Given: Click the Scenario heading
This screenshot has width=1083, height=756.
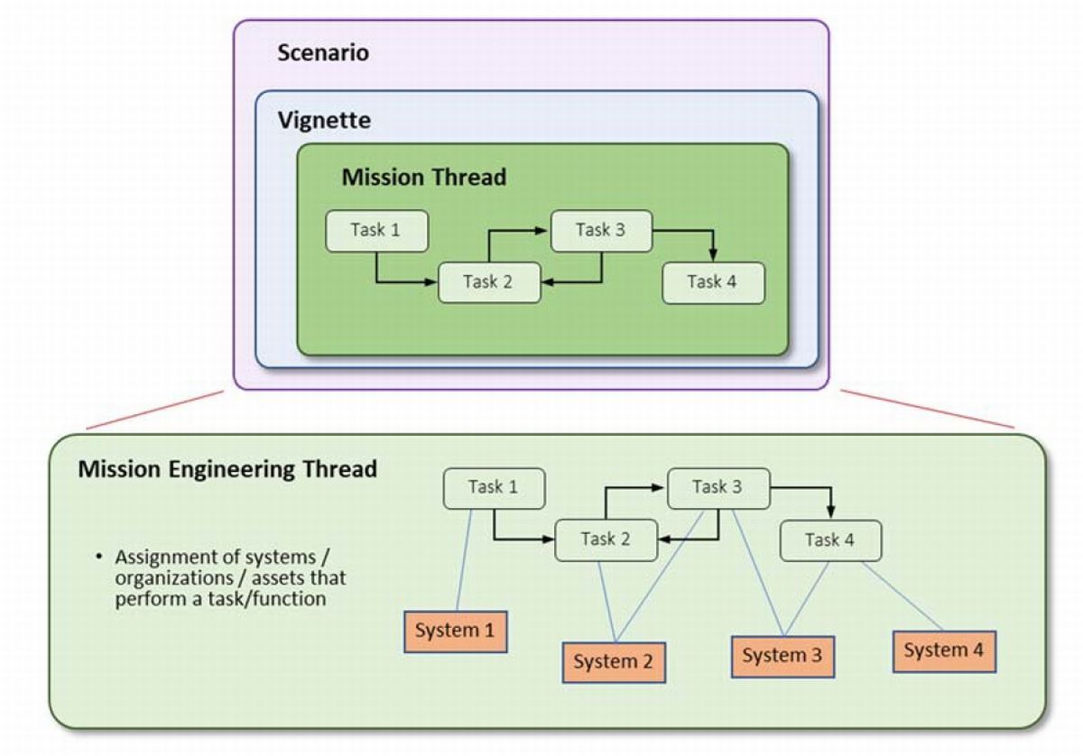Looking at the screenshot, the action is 323,52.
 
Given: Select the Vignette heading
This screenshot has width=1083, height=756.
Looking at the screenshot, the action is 324,120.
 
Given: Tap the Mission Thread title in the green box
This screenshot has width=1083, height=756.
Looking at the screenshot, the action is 424,177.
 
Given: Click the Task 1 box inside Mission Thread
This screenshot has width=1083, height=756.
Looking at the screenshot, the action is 376,231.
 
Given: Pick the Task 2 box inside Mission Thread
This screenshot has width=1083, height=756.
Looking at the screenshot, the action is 489,282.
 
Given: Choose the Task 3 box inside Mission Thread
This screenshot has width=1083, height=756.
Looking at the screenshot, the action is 601,231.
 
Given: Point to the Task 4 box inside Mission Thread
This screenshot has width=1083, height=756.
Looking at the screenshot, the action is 713,282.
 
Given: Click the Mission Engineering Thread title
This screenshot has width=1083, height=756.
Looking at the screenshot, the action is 227,469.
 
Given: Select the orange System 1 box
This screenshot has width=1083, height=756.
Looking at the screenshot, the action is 456,632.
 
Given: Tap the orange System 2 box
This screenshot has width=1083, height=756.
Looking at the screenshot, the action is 614,662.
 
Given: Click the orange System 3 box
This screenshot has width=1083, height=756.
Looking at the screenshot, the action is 782,657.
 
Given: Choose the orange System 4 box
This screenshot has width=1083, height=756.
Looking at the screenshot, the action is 944,651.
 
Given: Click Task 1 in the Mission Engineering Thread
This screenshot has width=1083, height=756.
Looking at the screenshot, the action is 495,488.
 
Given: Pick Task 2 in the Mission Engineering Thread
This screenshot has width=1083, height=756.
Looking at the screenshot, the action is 606,539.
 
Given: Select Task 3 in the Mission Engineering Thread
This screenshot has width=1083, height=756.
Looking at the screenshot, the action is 718,488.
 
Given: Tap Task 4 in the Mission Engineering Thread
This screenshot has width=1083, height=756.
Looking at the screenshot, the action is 830,540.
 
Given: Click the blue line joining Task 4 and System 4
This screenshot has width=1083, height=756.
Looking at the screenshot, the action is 902,596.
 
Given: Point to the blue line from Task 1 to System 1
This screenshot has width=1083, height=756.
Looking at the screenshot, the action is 464,559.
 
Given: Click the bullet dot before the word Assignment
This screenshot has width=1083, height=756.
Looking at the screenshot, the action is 99,558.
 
